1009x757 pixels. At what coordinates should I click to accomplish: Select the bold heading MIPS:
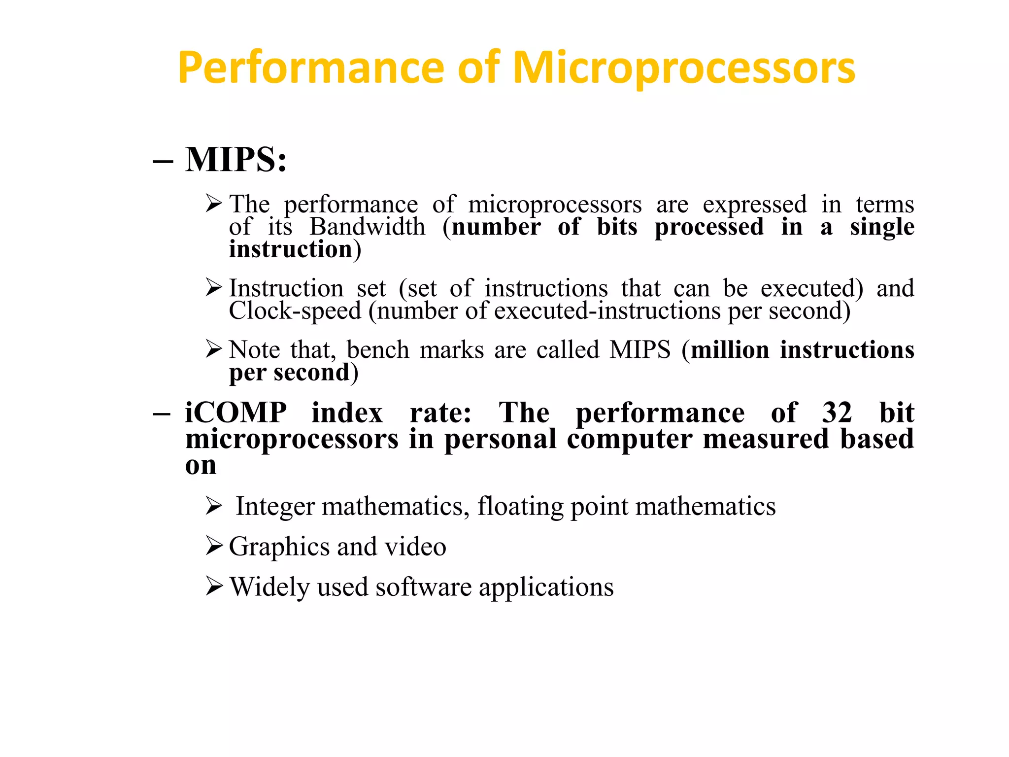[236, 160]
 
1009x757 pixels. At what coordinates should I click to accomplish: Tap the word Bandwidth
[367, 227]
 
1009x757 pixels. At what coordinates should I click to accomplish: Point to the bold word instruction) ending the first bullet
[295, 249]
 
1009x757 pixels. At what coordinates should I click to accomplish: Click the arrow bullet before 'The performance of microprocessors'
[214, 203]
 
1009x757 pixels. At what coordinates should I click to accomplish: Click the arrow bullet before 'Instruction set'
[214, 287]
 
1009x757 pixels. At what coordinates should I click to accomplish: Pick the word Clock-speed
[295, 311]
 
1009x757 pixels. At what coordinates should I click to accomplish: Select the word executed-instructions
[607, 311]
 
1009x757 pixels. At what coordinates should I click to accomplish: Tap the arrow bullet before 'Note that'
[214, 349]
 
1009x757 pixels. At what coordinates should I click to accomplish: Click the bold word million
[730, 350]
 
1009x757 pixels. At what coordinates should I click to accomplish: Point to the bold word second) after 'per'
[316, 373]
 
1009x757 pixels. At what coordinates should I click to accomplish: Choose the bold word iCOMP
[236, 413]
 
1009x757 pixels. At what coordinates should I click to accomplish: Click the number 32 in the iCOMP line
[837, 413]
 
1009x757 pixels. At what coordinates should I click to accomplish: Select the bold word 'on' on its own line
[201, 466]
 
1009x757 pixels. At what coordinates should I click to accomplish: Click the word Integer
[275, 507]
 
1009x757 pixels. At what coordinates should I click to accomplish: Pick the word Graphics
[279, 547]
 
